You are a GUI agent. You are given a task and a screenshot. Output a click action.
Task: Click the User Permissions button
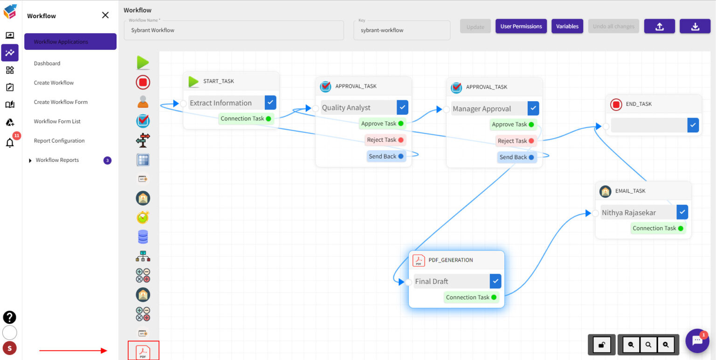[x=521, y=27]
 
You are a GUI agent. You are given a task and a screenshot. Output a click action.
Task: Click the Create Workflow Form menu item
[x=61, y=102]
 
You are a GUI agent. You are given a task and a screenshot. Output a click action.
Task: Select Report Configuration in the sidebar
[x=59, y=141]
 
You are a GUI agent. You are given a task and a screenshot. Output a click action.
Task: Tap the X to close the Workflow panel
[x=105, y=15]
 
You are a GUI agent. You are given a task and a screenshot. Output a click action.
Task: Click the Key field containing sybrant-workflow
[x=402, y=30]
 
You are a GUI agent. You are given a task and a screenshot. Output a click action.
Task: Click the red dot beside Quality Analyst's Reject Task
[x=400, y=140]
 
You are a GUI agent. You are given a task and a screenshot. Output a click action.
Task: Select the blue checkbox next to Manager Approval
[x=533, y=109]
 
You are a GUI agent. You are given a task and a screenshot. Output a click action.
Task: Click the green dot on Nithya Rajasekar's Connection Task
[x=681, y=228]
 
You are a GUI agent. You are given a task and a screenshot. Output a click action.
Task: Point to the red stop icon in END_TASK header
[x=616, y=104]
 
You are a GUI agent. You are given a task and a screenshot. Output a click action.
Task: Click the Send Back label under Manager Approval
[x=513, y=158]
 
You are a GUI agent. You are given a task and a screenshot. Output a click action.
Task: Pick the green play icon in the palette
[x=143, y=62]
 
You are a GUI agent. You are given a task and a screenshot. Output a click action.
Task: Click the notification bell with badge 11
[x=10, y=143]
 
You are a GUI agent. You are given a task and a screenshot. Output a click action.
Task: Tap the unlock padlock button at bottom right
[x=601, y=345]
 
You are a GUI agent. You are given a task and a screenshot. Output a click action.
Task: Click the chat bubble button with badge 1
[x=697, y=341]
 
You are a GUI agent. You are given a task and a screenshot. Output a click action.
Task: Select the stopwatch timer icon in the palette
[x=143, y=217]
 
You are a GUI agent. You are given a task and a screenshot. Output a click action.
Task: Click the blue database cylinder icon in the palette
[x=143, y=237]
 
